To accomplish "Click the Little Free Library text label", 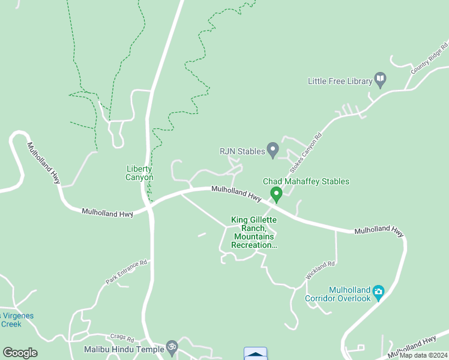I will [339, 81].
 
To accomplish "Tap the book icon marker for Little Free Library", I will [380, 78].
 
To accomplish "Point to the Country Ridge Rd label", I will [430, 58].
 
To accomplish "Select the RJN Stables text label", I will [242, 151].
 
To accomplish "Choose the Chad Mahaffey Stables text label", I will [306, 181].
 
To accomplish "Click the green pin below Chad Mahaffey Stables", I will [276, 194].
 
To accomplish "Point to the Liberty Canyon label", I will [139, 173].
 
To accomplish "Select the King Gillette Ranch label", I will [254, 232].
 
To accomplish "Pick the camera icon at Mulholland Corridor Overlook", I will [378, 292].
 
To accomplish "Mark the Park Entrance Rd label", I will [127, 272].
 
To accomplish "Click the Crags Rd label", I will [122, 338].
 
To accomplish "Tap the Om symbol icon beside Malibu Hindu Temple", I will [172, 347].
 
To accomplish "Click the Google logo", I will [20, 352].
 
